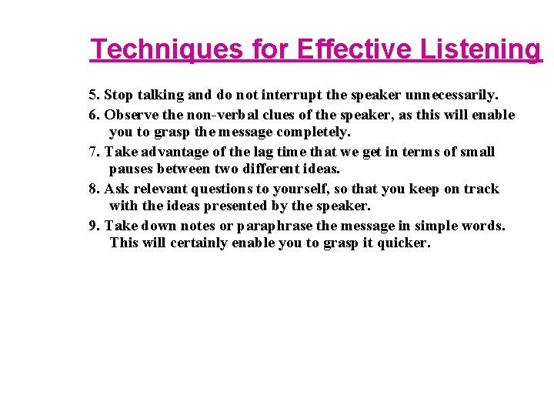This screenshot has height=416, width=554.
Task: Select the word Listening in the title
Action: point(481,50)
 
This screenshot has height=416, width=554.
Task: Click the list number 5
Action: point(93,96)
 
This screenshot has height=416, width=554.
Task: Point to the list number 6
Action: point(93,116)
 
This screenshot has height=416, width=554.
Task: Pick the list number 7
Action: point(93,152)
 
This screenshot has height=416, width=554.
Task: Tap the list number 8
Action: point(93,189)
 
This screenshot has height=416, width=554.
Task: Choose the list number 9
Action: point(93,226)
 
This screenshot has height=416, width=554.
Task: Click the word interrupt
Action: point(292,96)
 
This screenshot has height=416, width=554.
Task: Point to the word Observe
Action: point(127,116)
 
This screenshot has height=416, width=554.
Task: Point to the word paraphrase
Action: point(275,226)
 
